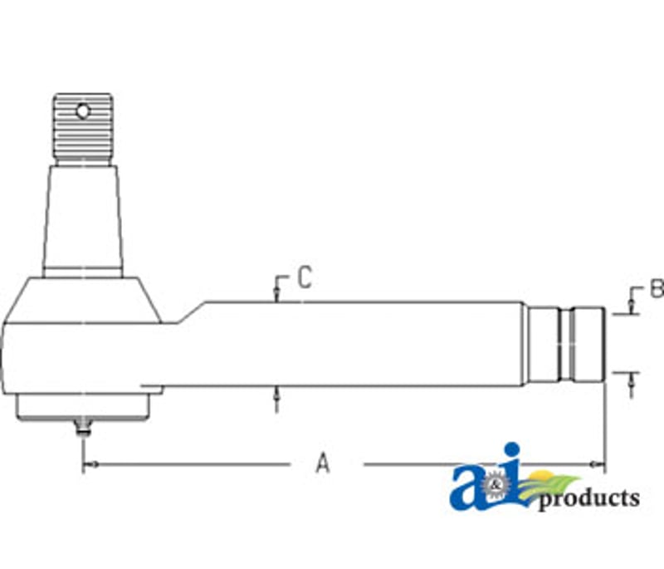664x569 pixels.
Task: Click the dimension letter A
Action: coord(323,463)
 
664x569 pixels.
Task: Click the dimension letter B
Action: coord(657,288)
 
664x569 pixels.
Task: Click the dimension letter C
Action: coord(305,277)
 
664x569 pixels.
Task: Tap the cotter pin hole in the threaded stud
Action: coord(83,111)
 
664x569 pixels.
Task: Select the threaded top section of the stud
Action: coord(83,129)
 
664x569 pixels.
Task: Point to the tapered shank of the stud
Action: coord(83,217)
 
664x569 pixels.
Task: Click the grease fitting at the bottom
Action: coord(83,427)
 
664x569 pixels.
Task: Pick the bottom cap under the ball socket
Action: coord(83,407)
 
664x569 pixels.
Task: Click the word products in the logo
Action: coord(589,498)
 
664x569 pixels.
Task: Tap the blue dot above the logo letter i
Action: coord(512,450)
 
